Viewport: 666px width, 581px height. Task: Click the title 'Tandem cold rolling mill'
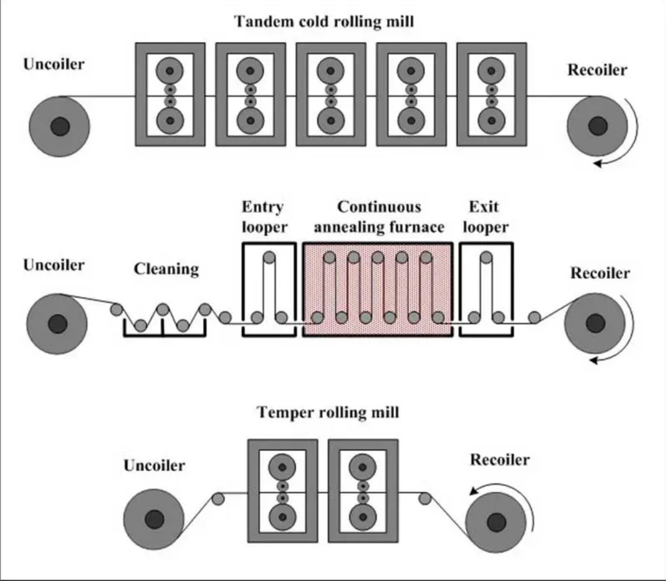[324, 22]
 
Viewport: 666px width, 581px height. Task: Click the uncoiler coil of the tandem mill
[60, 128]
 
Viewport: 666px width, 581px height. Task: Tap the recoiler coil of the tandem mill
[597, 127]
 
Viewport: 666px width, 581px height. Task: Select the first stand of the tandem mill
[170, 94]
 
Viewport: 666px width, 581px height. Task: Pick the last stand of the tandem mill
[491, 94]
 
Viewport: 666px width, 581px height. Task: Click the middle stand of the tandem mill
[330, 94]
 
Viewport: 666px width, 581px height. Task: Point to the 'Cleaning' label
[166, 269]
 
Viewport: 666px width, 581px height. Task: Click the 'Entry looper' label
[263, 217]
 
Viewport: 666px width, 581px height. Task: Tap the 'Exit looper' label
[486, 217]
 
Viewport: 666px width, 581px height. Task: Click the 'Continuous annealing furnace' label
[379, 217]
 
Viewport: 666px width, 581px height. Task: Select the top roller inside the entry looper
[270, 258]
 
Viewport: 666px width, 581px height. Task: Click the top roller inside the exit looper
[486, 258]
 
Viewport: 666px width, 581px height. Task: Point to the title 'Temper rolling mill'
[327, 413]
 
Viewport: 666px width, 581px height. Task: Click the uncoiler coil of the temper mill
[153, 519]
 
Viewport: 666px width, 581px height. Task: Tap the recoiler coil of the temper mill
[496, 521]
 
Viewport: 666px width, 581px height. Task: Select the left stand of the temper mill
[282, 491]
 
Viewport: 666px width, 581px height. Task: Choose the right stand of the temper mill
[363, 491]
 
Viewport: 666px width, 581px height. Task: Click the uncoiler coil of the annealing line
[57, 323]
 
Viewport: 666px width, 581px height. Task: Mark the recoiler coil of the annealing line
[594, 323]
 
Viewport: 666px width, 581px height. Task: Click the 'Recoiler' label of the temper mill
[499, 460]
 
